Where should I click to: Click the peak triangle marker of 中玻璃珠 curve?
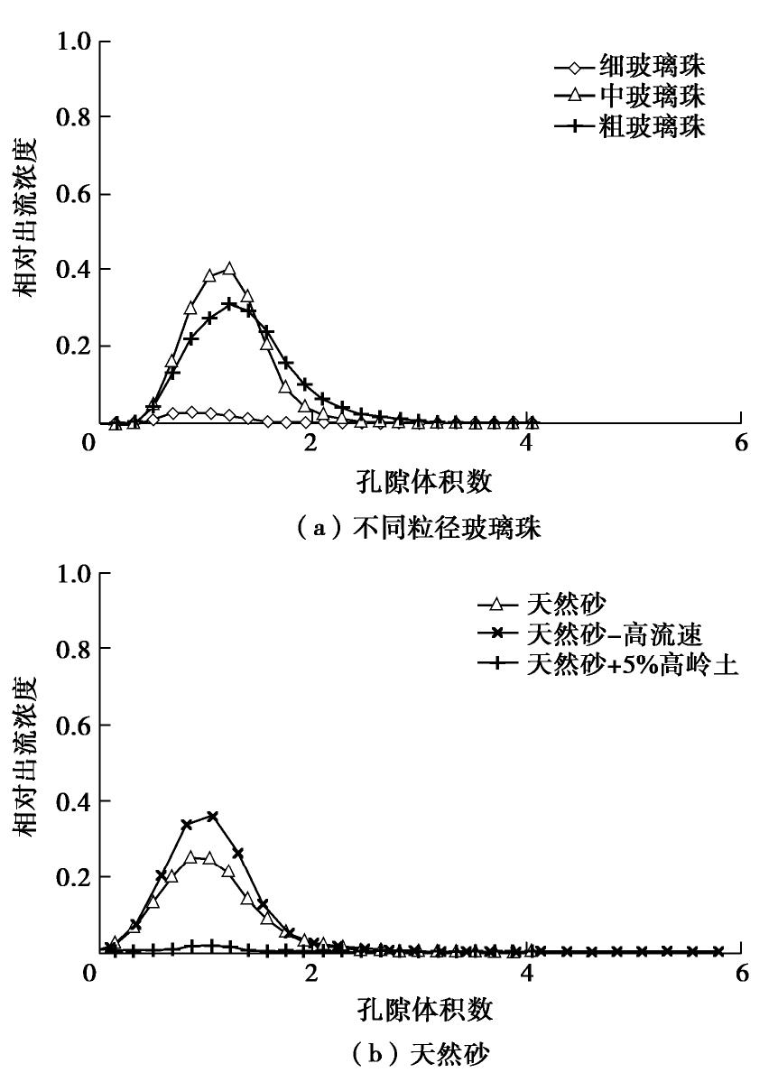(x=229, y=269)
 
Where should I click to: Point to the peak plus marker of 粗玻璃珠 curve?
(x=229, y=303)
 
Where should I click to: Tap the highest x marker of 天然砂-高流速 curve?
(x=212, y=816)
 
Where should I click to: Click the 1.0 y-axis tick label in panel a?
(x=77, y=42)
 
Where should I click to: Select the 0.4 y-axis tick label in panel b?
(x=77, y=800)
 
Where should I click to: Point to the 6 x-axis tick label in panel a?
(x=741, y=444)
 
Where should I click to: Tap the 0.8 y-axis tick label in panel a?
(x=77, y=117)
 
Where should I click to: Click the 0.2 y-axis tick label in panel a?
(x=77, y=346)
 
